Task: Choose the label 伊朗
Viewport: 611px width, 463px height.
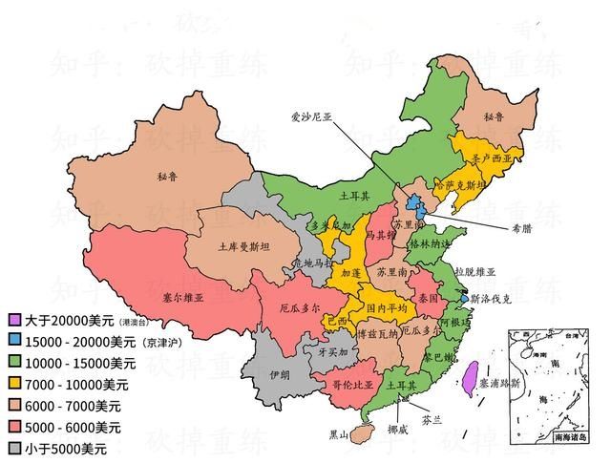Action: pos(279,375)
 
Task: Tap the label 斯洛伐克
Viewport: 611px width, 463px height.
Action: pos(492,299)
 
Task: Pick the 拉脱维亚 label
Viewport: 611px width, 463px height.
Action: pos(475,271)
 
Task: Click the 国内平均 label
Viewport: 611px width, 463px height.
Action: pos(388,309)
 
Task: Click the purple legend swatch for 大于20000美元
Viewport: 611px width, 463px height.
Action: pos(14,319)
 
